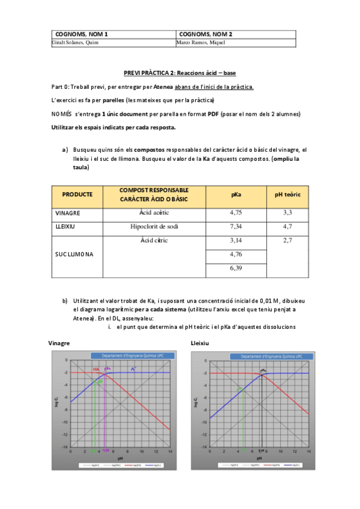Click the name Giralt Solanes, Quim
pyautogui.click(x=76, y=43)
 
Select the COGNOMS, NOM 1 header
pyautogui.click(x=84, y=34)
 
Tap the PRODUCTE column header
pyautogui.click(x=77, y=194)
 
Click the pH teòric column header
pyautogui.click(x=287, y=194)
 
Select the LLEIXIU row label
pyautogui.click(x=65, y=227)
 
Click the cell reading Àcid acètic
pyautogui.click(x=154, y=212)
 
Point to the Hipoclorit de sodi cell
pyautogui.click(x=154, y=227)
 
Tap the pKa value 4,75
pyautogui.click(x=236, y=212)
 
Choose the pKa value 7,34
pyautogui.click(x=236, y=227)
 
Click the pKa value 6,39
pyautogui.click(x=236, y=268)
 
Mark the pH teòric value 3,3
pyautogui.click(x=287, y=212)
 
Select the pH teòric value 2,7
pyautogui.click(x=287, y=241)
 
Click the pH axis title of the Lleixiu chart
pyautogui.click(x=259, y=459)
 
